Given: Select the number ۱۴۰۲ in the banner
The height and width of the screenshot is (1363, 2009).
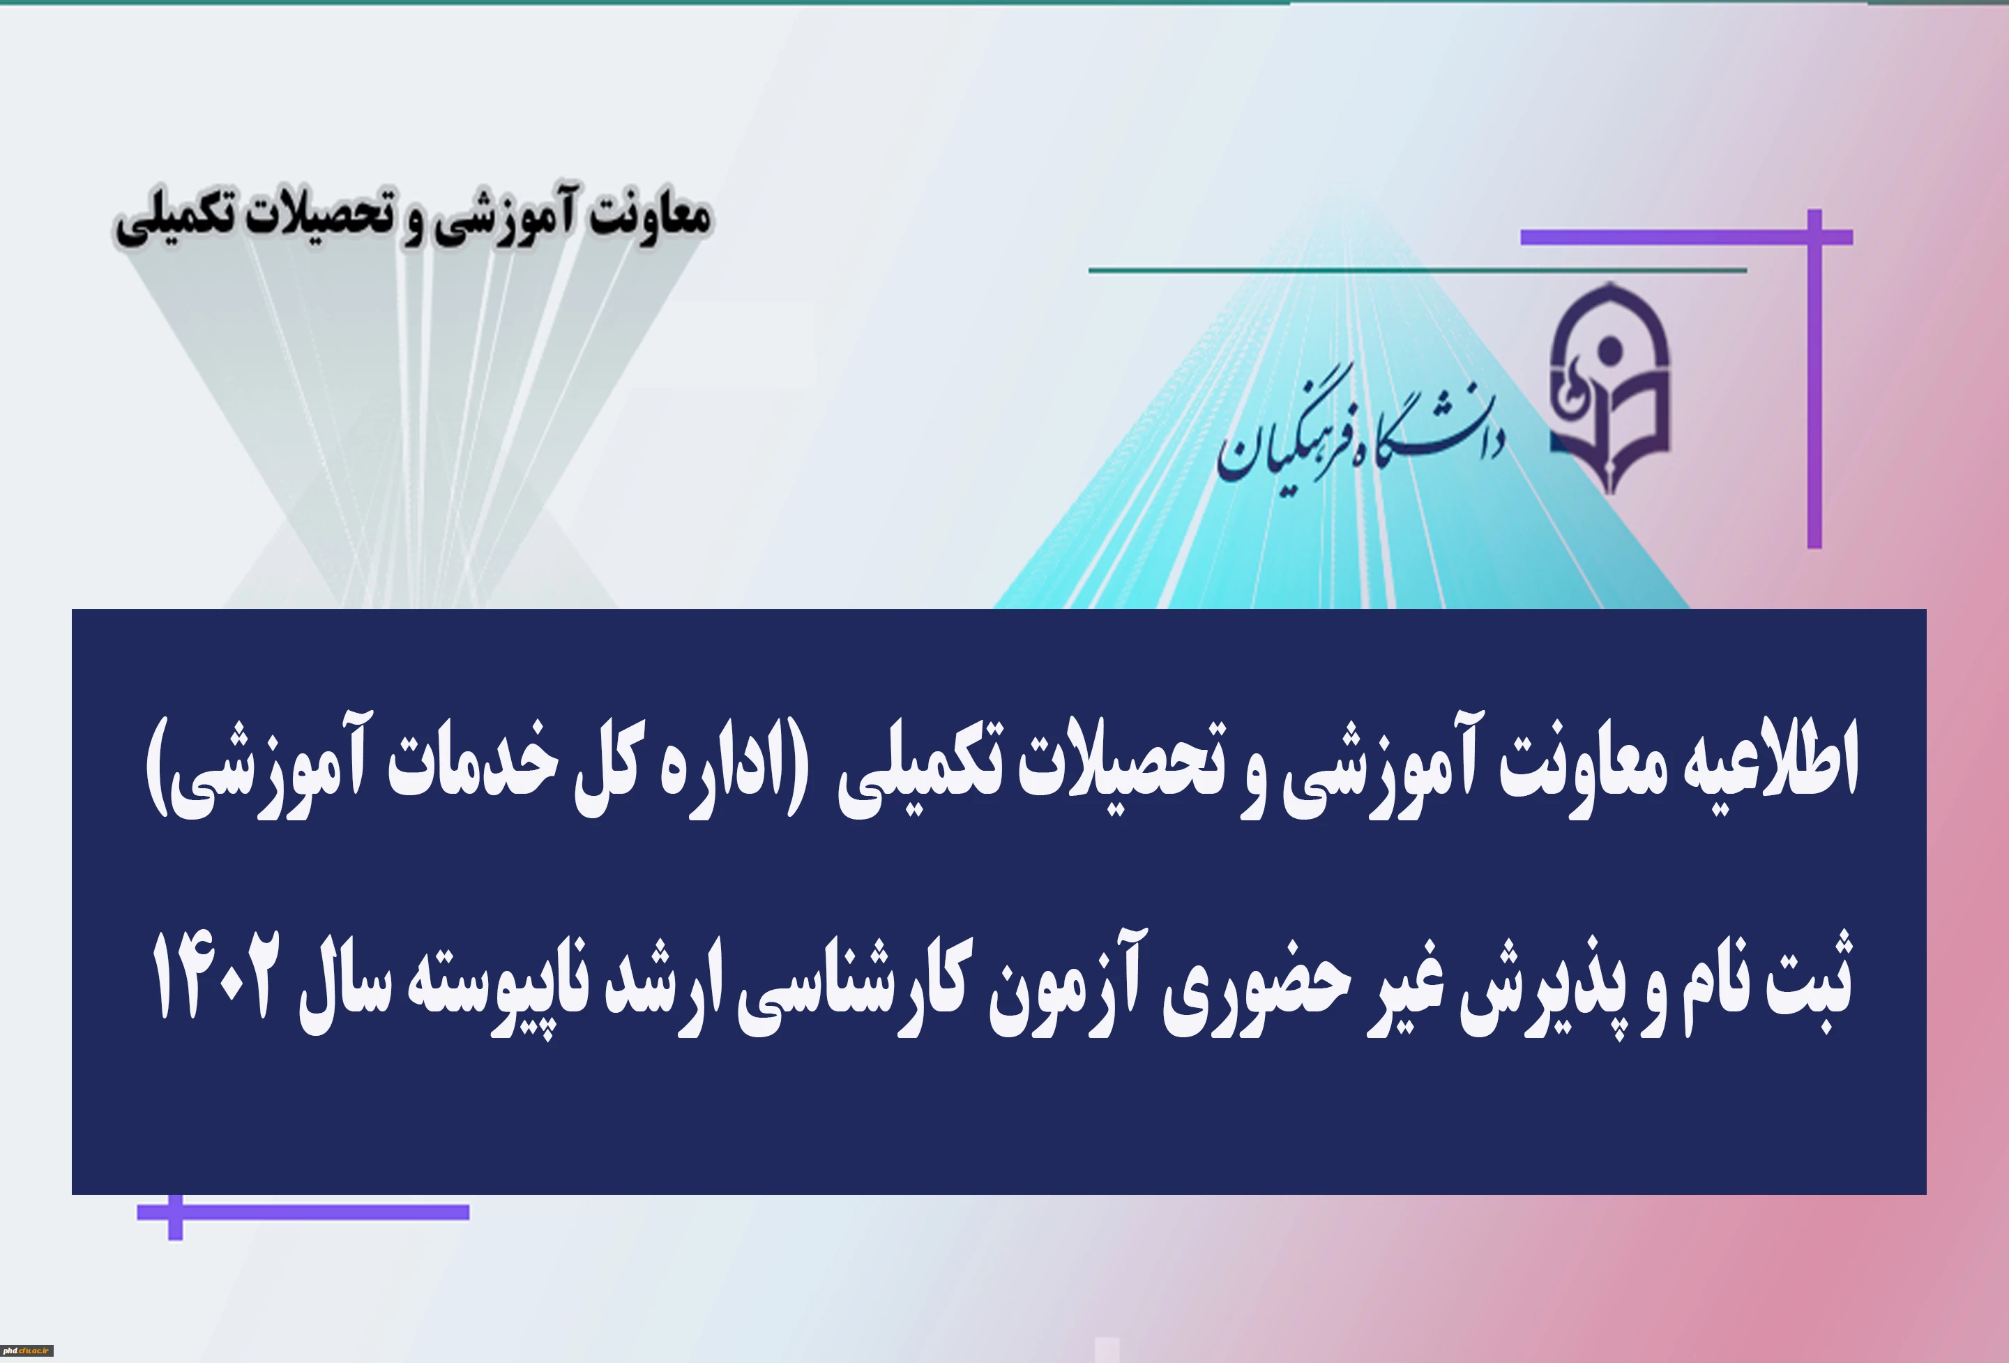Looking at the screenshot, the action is pyautogui.click(x=216, y=977).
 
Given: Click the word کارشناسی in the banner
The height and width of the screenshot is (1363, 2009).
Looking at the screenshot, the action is pyautogui.click(x=855, y=986).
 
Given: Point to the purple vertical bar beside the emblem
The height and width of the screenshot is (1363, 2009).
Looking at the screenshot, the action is pyautogui.click(x=1814, y=379).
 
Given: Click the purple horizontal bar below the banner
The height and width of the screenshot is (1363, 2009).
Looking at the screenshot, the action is pyautogui.click(x=303, y=1212).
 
